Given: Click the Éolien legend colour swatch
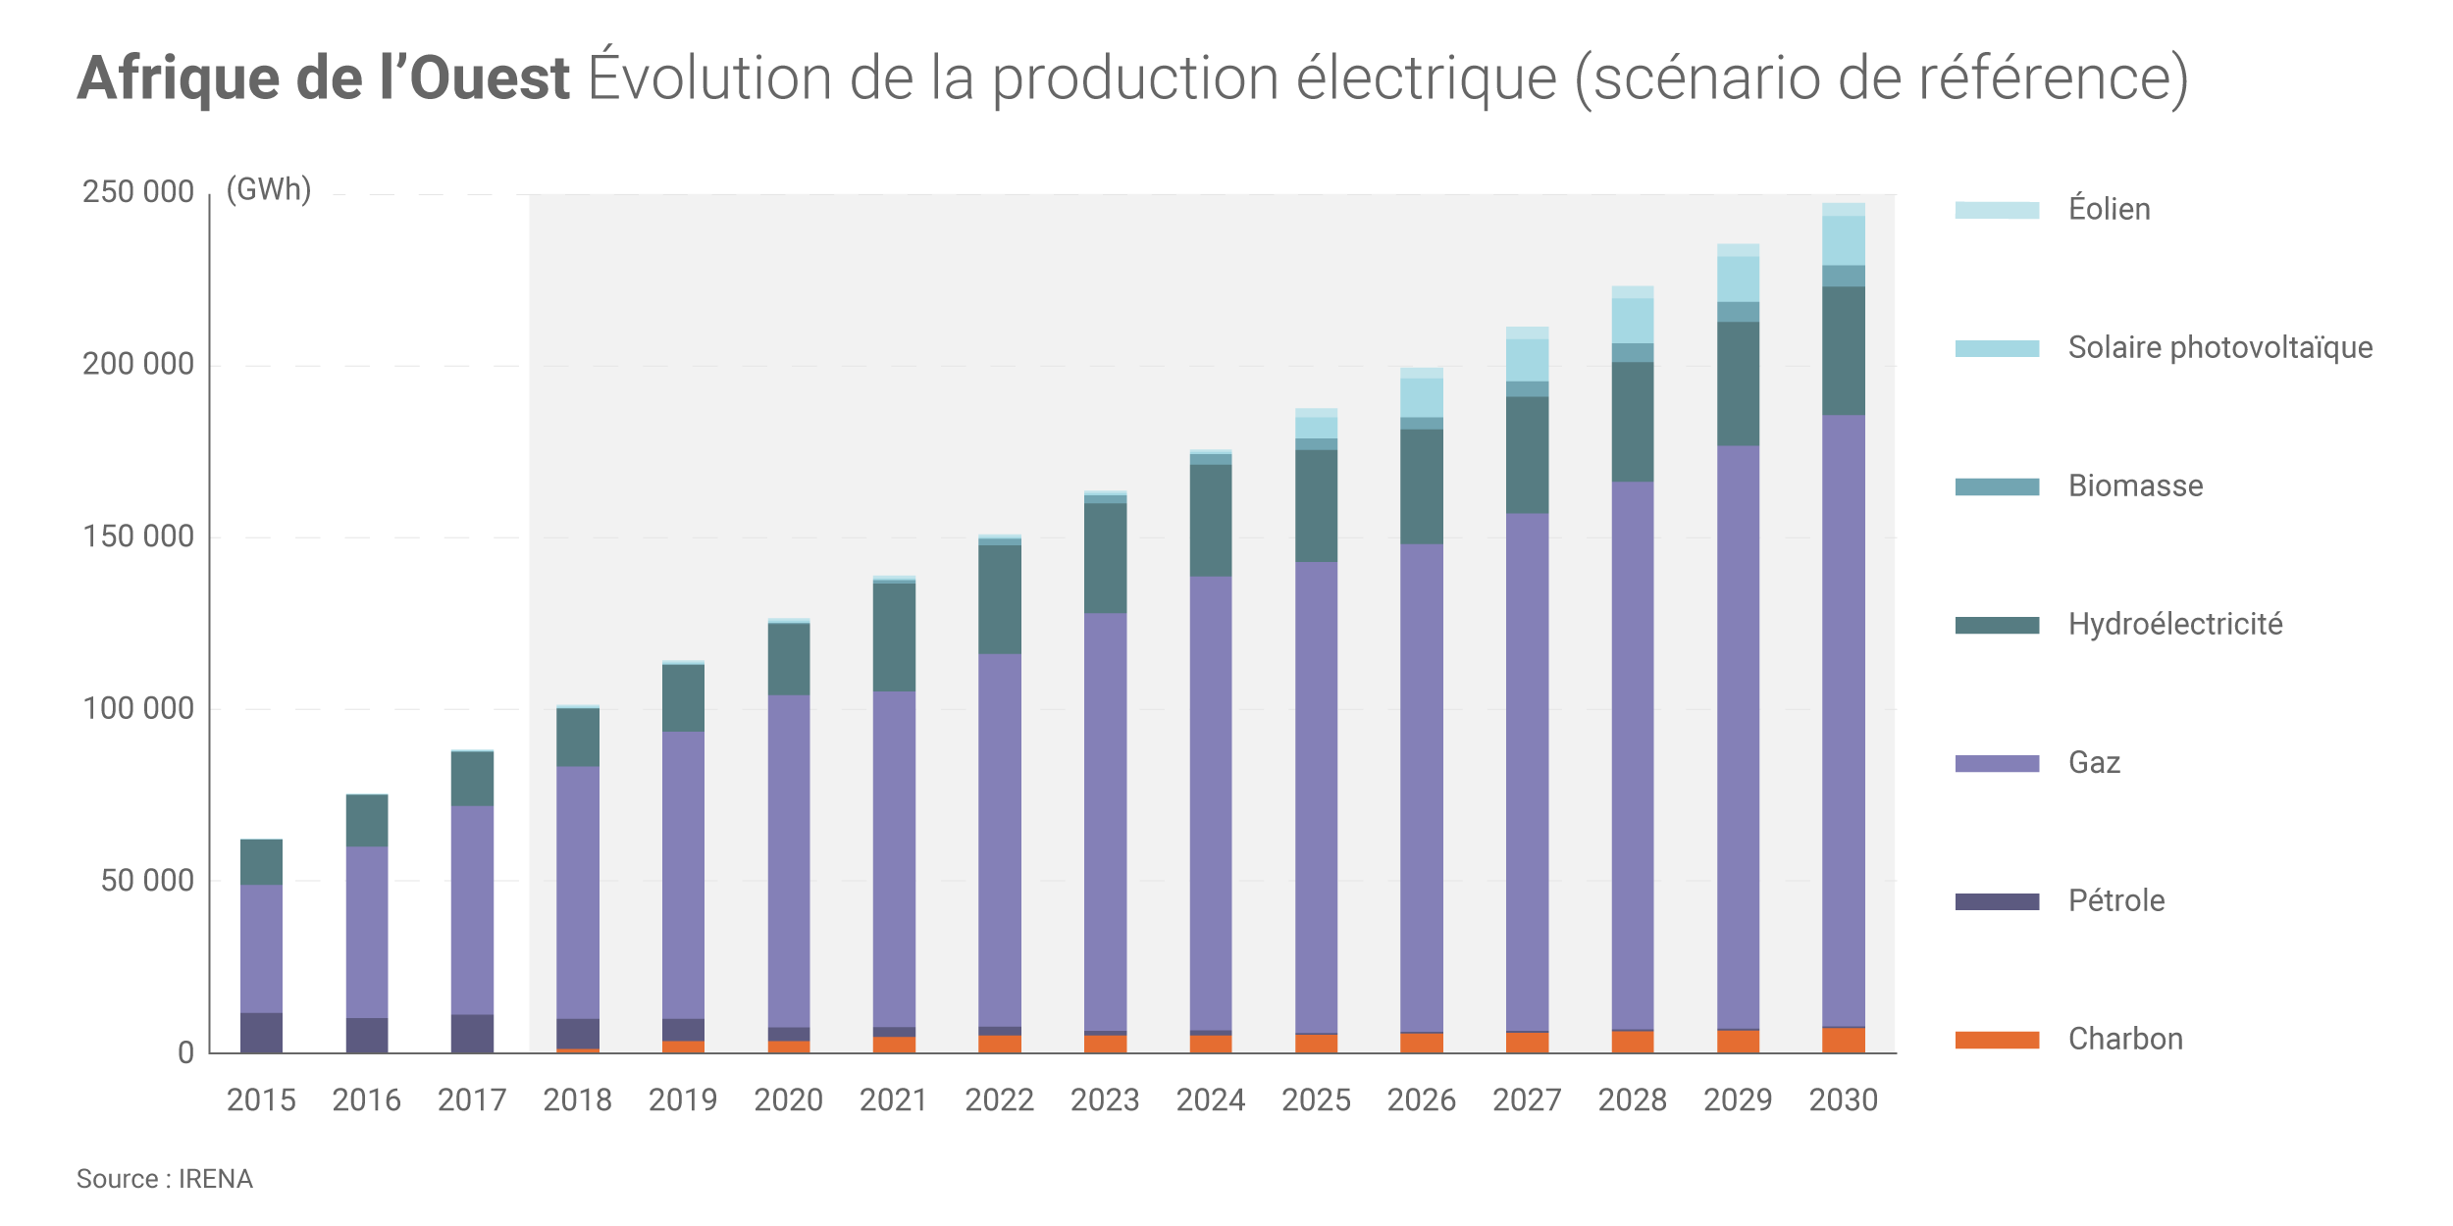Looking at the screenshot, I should pyautogui.click(x=1996, y=210).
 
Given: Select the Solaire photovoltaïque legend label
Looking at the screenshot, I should pyautogui.click(x=2219, y=347).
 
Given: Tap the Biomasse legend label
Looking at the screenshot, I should pyautogui.click(x=2135, y=485).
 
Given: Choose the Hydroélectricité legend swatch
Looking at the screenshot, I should pyautogui.click(x=1996, y=625).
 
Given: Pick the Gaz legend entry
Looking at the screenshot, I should pyautogui.click(x=2094, y=762).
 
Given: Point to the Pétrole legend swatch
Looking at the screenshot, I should pyautogui.click(x=1996, y=901).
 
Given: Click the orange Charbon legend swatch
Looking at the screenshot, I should pyautogui.click(x=1996, y=1040).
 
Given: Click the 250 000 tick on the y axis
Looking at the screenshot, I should pyautogui.click(x=138, y=191).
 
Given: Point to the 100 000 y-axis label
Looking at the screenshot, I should pyautogui.click(x=138, y=708).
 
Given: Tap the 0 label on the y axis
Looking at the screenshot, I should pyautogui.click(x=185, y=1053).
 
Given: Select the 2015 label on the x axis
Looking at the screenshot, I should pyautogui.click(x=261, y=1099).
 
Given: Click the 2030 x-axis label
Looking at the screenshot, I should pyautogui.click(x=1843, y=1099).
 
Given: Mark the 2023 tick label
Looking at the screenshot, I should pyautogui.click(x=1105, y=1099).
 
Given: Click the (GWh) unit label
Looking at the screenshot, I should pyautogui.click(x=269, y=188).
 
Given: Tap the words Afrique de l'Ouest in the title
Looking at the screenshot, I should pyautogui.click(x=324, y=78).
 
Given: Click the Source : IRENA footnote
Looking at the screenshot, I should pyautogui.click(x=165, y=1178).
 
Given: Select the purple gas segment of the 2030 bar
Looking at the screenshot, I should pyautogui.click(x=1843, y=721).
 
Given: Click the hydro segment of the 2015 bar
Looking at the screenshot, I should pyautogui.click(x=261, y=862).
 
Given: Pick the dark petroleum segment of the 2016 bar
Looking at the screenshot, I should pyautogui.click(x=367, y=1035).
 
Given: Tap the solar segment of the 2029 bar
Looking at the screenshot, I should pyautogui.click(x=1738, y=280).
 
